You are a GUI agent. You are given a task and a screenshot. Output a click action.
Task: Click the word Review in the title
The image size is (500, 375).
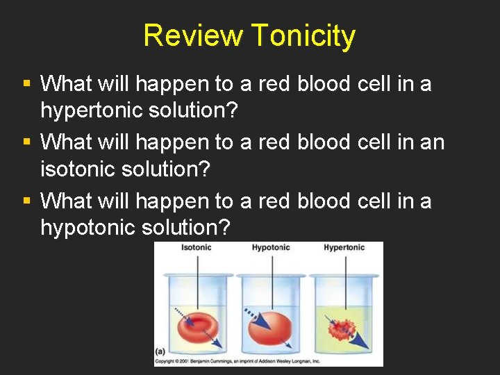[194, 35]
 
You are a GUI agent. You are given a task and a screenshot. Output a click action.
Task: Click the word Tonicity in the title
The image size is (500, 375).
[303, 35]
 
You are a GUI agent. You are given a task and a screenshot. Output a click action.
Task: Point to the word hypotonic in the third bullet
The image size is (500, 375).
[90, 227]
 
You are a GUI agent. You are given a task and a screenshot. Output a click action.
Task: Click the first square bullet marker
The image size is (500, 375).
[26, 84]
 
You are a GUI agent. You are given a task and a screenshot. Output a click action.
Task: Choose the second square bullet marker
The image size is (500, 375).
[26, 142]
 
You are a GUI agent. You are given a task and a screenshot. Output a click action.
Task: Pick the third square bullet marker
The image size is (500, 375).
[26, 201]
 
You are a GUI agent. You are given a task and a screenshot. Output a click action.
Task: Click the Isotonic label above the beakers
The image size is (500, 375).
[196, 248]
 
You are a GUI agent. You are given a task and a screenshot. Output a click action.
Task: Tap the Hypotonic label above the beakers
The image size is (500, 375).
[271, 248]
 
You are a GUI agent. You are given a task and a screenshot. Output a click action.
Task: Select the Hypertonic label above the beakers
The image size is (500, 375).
[344, 248]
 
